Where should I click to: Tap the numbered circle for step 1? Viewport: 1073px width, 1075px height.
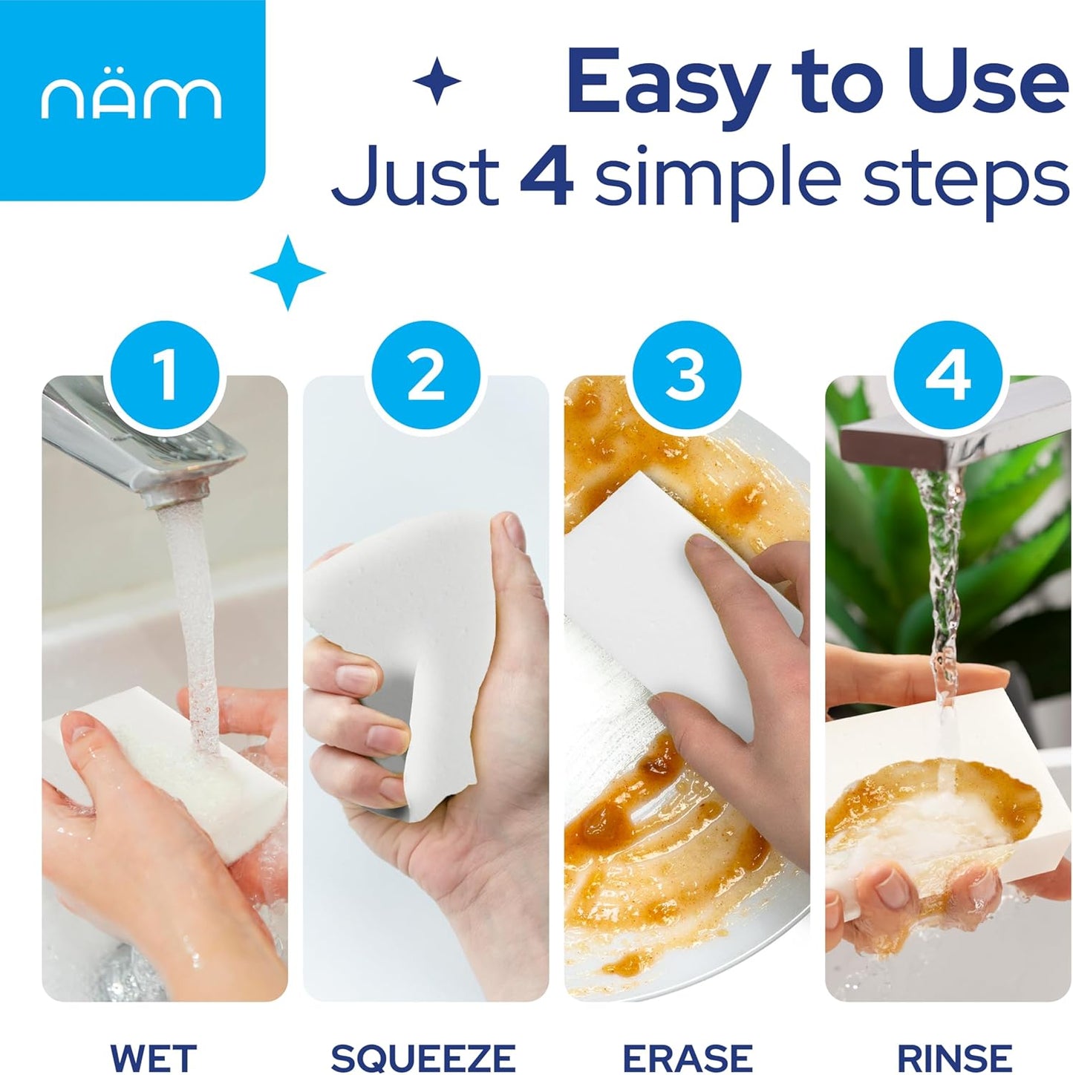166,376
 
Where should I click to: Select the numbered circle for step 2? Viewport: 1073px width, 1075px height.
426,376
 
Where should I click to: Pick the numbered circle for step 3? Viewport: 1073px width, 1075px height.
686,376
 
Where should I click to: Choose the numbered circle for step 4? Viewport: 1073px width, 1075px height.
948,376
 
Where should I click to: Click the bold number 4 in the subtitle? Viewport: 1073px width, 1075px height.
547,174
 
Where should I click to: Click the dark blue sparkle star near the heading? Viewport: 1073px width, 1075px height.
437,82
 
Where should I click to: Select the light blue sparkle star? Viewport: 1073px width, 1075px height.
287,272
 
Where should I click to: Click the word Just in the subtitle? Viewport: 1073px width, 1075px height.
416,174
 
